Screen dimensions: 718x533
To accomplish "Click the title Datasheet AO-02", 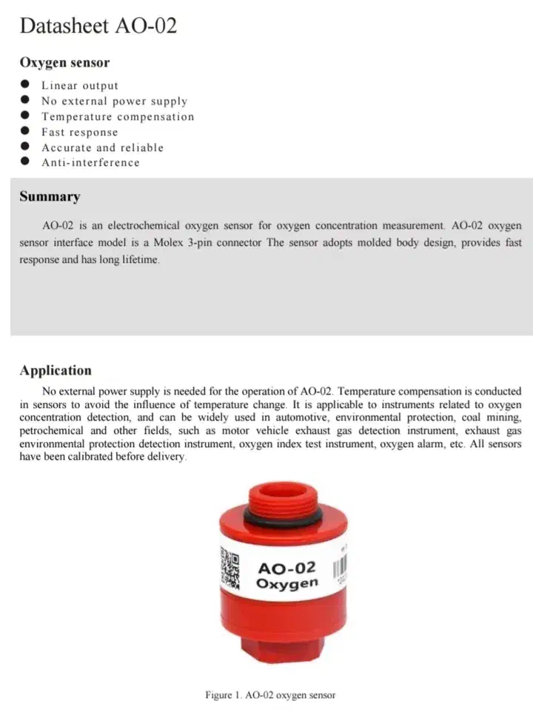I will pos(98,27).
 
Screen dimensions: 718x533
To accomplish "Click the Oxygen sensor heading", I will pos(64,63).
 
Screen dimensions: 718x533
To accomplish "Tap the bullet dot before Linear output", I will pos(25,85).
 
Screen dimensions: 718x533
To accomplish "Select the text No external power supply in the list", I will pos(114,101).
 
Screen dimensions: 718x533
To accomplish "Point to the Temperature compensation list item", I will pos(118,117).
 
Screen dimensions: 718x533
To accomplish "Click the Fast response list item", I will pos(79,132).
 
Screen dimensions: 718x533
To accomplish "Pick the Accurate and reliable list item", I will pos(102,147).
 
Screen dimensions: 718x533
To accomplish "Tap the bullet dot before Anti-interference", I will pos(25,162).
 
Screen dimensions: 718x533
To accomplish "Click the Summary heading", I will pos(50,197).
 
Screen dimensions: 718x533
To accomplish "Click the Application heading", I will pos(56,371).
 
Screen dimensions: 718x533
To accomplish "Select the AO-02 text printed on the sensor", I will pos(286,568).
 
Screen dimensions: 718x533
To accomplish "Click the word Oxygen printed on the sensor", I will pos(286,584).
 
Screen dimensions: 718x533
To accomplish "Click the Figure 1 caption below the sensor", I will pos(270,695).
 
